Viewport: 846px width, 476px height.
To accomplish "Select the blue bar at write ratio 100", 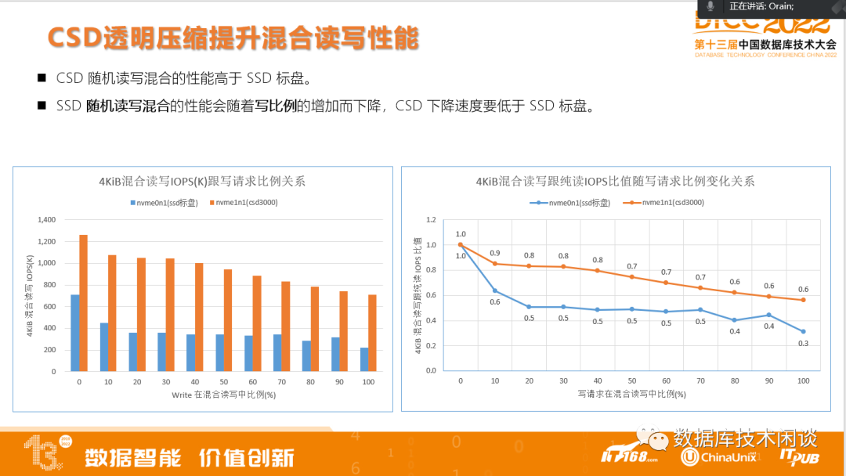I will [x=364, y=359].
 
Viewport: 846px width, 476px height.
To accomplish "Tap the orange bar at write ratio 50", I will [x=228, y=319].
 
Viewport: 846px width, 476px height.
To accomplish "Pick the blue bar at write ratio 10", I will [x=103, y=347].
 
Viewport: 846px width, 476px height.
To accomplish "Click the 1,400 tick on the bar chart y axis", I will [x=46, y=220].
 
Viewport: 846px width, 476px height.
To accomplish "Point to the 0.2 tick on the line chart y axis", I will [x=430, y=345].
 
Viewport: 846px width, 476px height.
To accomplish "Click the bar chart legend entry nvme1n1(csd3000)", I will [x=244, y=203].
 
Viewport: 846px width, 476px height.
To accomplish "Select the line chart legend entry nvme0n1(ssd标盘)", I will [x=577, y=203].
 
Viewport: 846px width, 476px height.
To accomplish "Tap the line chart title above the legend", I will [x=615, y=182].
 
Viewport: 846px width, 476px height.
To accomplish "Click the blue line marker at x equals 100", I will [x=803, y=331].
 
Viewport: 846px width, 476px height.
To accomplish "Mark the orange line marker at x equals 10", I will [x=494, y=263].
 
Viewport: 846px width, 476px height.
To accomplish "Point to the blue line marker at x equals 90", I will [x=768, y=315].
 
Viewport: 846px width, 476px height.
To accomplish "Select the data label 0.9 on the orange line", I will [x=494, y=252].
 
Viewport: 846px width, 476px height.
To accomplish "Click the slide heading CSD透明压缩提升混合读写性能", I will [x=233, y=38].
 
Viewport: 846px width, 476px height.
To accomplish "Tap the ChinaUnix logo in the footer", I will [x=719, y=456].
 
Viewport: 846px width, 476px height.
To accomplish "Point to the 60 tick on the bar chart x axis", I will [x=252, y=383].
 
